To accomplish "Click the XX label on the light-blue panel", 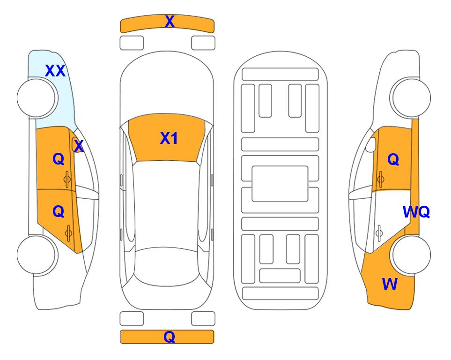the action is pyautogui.click(x=55, y=71).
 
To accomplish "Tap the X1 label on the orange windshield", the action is pyautogui.click(x=169, y=138).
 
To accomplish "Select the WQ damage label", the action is pyautogui.click(x=416, y=212).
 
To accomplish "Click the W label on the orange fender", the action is pyautogui.click(x=390, y=284).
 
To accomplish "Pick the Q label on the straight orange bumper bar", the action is pyautogui.click(x=169, y=337).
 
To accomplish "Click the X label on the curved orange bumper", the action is pyautogui.click(x=170, y=22).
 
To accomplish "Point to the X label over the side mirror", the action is pyautogui.click(x=79, y=146).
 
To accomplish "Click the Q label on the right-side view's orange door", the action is pyautogui.click(x=393, y=159).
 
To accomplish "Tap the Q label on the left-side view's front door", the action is pyautogui.click(x=59, y=159).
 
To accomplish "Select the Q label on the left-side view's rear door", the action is pyautogui.click(x=59, y=212).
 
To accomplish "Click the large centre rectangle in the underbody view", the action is pyautogui.click(x=280, y=184).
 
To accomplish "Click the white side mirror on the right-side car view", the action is pyautogui.click(x=371, y=144).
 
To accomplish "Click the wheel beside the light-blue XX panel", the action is pyautogui.click(x=37, y=98).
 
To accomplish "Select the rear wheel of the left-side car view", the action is pyautogui.click(x=37, y=255).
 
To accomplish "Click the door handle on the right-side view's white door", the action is pyautogui.click(x=379, y=233).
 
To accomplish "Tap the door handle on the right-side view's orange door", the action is pyautogui.click(x=381, y=179).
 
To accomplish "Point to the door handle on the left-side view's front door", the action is pyautogui.click(x=67, y=179).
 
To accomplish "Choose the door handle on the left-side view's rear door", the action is pyautogui.click(x=68, y=233).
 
